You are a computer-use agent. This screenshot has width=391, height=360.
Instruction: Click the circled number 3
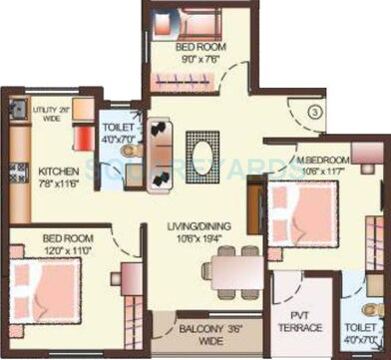tap(315, 115)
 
